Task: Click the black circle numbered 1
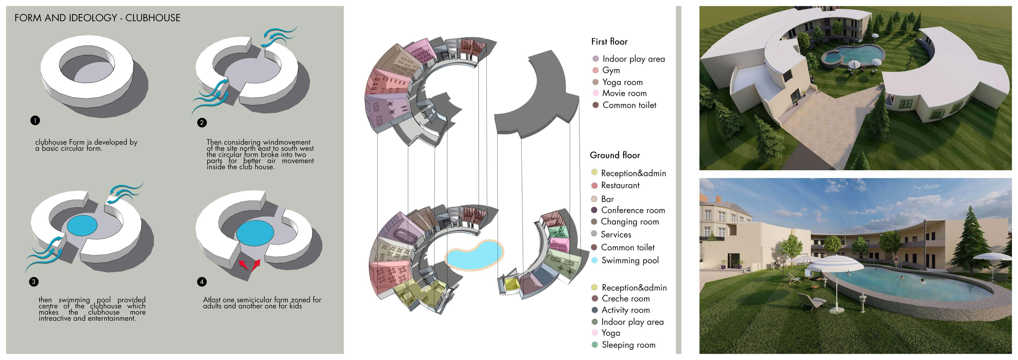(x=35, y=120)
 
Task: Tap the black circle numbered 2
(x=202, y=123)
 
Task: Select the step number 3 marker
(x=34, y=282)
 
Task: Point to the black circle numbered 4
(x=202, y=282)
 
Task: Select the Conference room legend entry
(x=633, y=210)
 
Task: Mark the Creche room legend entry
(x=625, y=299)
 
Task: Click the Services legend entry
(x=616, y=234)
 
